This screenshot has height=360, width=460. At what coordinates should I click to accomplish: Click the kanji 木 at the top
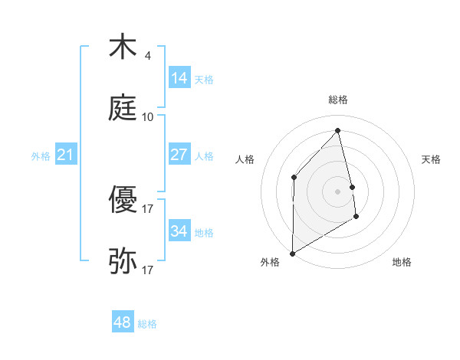[123, 47]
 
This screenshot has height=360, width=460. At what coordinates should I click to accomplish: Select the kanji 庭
[123, 109]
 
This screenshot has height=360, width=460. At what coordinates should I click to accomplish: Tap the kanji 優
[123, 201]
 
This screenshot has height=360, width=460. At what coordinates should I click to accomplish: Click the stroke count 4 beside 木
[147, 56]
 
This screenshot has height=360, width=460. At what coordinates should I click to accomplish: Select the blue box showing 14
[179, 78]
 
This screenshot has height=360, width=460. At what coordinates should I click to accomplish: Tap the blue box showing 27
[179, 155]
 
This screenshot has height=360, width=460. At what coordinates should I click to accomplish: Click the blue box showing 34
[179, 231]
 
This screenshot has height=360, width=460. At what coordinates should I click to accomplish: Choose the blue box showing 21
[65, 155]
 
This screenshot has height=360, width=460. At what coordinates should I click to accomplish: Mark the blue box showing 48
[122, 322]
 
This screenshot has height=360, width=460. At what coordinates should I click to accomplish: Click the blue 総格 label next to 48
[147, 324]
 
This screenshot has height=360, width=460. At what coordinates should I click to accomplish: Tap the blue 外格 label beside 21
[41, 156]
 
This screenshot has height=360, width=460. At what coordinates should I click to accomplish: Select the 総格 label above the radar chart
[337, 100]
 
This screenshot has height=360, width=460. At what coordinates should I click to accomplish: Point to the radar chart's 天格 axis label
[431, 159]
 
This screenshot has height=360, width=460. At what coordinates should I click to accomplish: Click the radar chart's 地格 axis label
[402, 262]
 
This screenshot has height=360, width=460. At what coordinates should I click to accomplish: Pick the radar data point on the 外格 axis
[292, 253]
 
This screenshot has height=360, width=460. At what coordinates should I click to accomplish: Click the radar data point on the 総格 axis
[337, 130]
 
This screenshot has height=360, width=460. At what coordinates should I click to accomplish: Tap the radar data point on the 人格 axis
[294, 177]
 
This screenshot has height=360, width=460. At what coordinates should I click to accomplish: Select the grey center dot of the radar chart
[337, 191]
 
